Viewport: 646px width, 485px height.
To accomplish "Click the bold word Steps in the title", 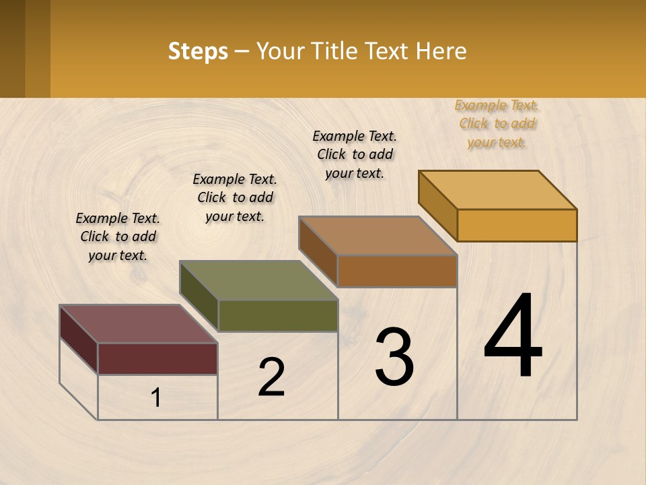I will [198, 51].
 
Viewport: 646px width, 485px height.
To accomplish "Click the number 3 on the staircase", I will [394, 357].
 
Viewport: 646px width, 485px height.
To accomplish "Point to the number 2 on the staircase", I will [272, 377].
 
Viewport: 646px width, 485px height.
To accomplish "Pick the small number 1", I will [156, 397].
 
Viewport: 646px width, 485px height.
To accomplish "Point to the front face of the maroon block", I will [157, 358].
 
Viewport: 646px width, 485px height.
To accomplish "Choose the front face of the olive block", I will [277, 315].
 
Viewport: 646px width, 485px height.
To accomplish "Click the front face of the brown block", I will [397, 271].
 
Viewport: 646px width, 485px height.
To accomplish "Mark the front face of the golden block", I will [517, 225].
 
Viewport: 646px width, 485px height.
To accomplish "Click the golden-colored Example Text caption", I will [497, 123].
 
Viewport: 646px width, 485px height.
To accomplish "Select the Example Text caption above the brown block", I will [355, 154].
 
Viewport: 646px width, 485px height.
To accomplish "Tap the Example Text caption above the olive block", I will [235, 197].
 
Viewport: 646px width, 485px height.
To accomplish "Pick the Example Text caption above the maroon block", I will [118, 236].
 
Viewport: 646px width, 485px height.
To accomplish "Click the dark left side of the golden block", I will [437, 205].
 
